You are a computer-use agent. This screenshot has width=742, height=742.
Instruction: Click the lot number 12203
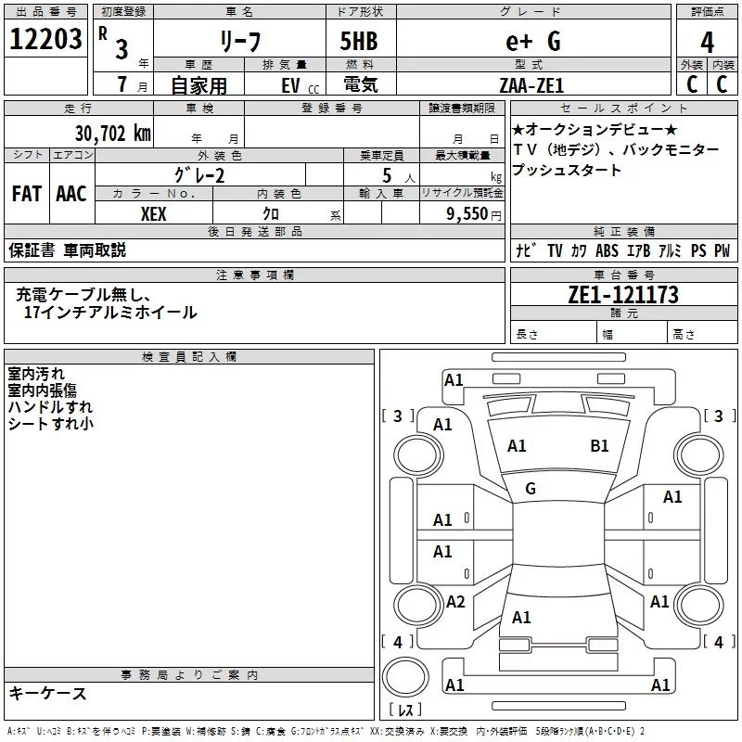(45, 40)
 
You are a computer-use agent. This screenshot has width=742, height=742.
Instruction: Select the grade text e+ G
(532, 41)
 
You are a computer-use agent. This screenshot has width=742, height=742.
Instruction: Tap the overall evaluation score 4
(708, 42)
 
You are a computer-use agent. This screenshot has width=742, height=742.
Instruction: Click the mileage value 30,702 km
(112, 134)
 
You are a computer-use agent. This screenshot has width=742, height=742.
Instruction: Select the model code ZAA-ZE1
(531, 84)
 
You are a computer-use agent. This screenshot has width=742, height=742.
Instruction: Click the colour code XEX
(154, 213)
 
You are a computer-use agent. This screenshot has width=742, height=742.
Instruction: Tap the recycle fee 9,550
(464, 213)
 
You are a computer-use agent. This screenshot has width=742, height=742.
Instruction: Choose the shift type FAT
(26, 194)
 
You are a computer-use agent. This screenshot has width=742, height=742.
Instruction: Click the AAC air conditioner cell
(70, 194)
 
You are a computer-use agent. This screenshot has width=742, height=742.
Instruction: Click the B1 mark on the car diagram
(599, 446)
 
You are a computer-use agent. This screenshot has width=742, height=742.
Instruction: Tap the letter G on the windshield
(531, 489)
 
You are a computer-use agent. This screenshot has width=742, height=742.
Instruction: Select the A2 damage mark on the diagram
(455, 602)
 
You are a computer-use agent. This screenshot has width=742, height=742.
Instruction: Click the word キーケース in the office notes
(47, 694)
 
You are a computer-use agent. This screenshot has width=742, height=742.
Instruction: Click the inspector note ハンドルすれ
(50, 407)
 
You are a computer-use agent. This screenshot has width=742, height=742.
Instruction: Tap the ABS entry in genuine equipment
(607, 251)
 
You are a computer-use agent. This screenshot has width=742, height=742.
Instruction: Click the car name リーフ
(239, 42)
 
